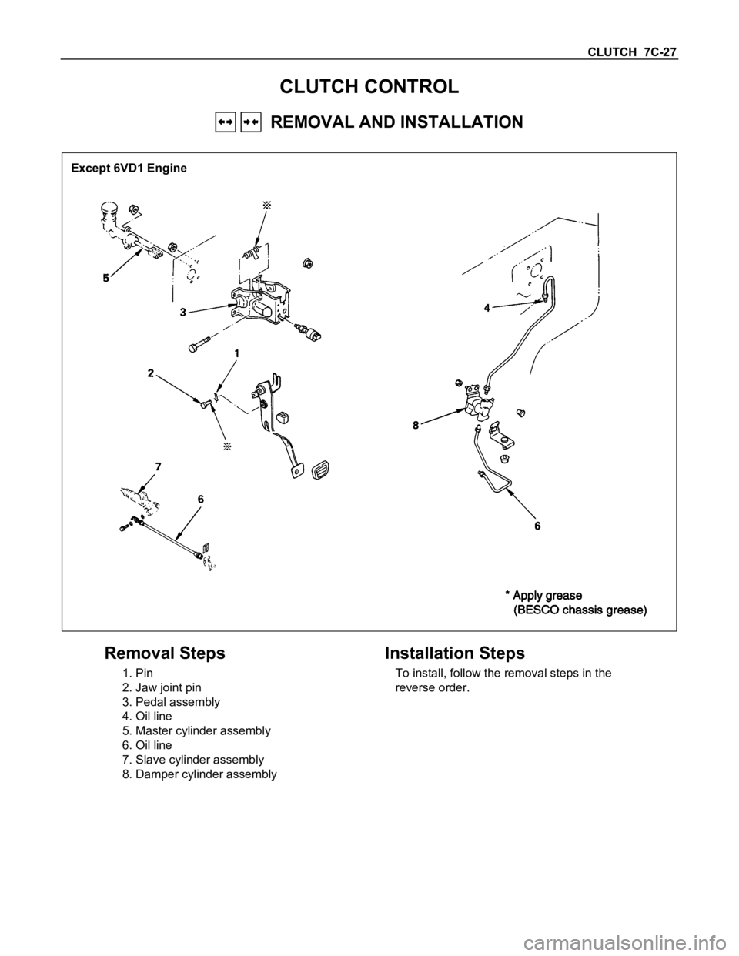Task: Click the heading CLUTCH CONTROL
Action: (x=369, y=86)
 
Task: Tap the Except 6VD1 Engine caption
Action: (x=129, y=167)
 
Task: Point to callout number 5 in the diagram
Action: (x=106, y=279)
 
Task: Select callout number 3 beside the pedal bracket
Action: (x=183, y=312)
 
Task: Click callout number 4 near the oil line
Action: (x=487, y=306)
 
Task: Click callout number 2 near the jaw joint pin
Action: (x=151, y=373)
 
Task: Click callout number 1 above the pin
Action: (x=237, y=353)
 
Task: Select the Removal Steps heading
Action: (x=165, y=653)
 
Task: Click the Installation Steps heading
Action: (x=454, y=653)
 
